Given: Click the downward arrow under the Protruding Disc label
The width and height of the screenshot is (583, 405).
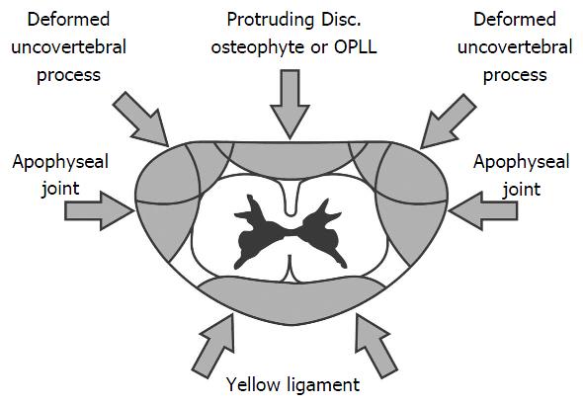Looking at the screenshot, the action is [x=290, y=104].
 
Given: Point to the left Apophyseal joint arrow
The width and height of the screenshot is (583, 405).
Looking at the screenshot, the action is [x=100, y=210].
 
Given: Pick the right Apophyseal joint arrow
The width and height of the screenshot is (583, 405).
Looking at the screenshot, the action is [x=482, y=210].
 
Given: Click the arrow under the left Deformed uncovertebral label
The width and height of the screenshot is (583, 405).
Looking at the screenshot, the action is [x=141, y=120].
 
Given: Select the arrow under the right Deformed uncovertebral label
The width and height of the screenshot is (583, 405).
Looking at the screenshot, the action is [x=448, y=121].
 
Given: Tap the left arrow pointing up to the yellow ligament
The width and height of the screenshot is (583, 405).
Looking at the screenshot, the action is [x=214, y=346].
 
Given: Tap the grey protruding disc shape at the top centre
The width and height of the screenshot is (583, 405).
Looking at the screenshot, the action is [x=291, y=159].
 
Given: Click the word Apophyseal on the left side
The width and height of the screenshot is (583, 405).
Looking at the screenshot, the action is [x=60, y=163].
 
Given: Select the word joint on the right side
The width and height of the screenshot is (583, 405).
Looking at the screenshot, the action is [x=522, y=190].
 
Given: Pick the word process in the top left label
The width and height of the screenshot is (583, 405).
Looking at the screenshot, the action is [x=69, y=76].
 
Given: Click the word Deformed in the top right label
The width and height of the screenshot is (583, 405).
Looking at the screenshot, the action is [x=515, y=20].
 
